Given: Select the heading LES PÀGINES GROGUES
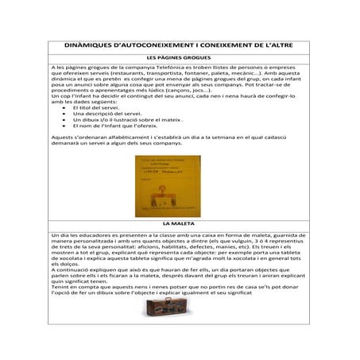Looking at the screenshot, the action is pos(179,58).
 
